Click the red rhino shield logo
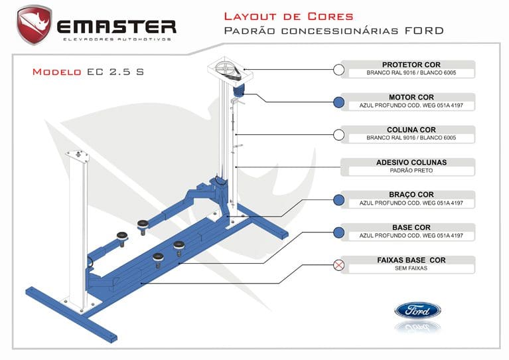point(34,25)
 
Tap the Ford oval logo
point(417,310)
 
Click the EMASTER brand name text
point(117,26)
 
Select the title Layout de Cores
point(289,16)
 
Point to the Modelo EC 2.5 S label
point(88,72)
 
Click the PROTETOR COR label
point(411,64)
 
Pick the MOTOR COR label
point(411,98)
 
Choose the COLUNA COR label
point(411,130)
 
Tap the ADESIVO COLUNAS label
point(411,162)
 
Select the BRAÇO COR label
point(411,195)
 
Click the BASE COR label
point(411,227)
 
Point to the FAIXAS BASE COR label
point(411,260)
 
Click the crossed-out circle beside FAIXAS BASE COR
point(339,265)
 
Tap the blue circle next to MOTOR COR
point(339,102)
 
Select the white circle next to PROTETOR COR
point(339,70)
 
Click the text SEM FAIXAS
point(411,268)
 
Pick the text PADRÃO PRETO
point(411,171)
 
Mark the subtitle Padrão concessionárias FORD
point(333,31)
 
